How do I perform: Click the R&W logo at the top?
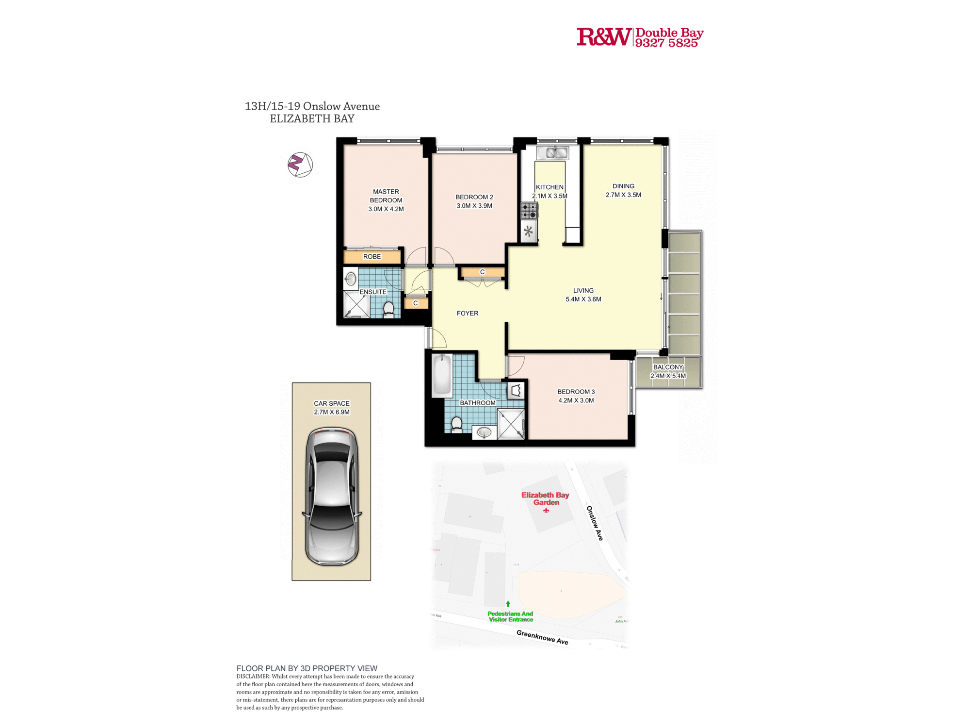603,37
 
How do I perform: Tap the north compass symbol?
300,165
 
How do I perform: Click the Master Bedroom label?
386,196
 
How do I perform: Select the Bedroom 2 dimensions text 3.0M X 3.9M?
474,206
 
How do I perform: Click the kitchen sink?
552,153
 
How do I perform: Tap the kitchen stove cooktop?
529,211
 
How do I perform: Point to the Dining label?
623,186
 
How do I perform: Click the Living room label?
583,291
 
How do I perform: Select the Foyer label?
468,314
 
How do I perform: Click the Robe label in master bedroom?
372,257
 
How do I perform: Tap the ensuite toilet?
388,309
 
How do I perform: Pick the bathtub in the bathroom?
442,375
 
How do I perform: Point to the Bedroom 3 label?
576,392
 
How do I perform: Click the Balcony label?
668,367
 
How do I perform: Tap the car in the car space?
332,496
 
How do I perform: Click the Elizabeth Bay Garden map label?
545,498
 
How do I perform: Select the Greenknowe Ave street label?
542,637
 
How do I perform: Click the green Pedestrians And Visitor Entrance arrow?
508,604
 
